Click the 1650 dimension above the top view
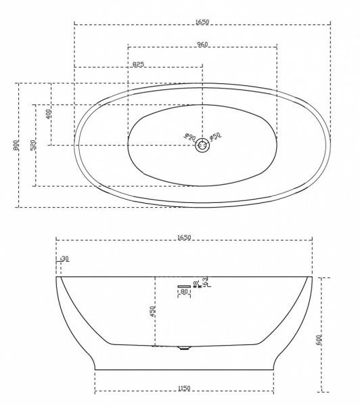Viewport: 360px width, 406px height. (x=202, y=22)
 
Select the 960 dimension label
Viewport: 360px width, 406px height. (x=202, y=44)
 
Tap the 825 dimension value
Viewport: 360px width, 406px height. (x=138, y=64)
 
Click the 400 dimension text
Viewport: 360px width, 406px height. (x=48, y=114)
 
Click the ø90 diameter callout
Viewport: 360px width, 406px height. (x=190, y=137)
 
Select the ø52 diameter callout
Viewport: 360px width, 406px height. (x=215, y=137)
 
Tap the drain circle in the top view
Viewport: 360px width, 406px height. (x=202, y=145)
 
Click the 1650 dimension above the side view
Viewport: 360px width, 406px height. (x=184, y=238)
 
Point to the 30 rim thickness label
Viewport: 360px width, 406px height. (x=65, y=258)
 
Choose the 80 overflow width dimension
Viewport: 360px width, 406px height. (x=183, y=292)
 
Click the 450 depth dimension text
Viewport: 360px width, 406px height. (x=153, y=311)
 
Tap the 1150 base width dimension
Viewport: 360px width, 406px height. (x=184, y=388)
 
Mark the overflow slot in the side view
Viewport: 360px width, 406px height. (x=185, y=286)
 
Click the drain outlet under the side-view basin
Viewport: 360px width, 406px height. (x=183, y=348)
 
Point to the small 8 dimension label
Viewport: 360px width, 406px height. (x=196, y=283)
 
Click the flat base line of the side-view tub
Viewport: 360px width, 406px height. (x=184, y=369)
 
